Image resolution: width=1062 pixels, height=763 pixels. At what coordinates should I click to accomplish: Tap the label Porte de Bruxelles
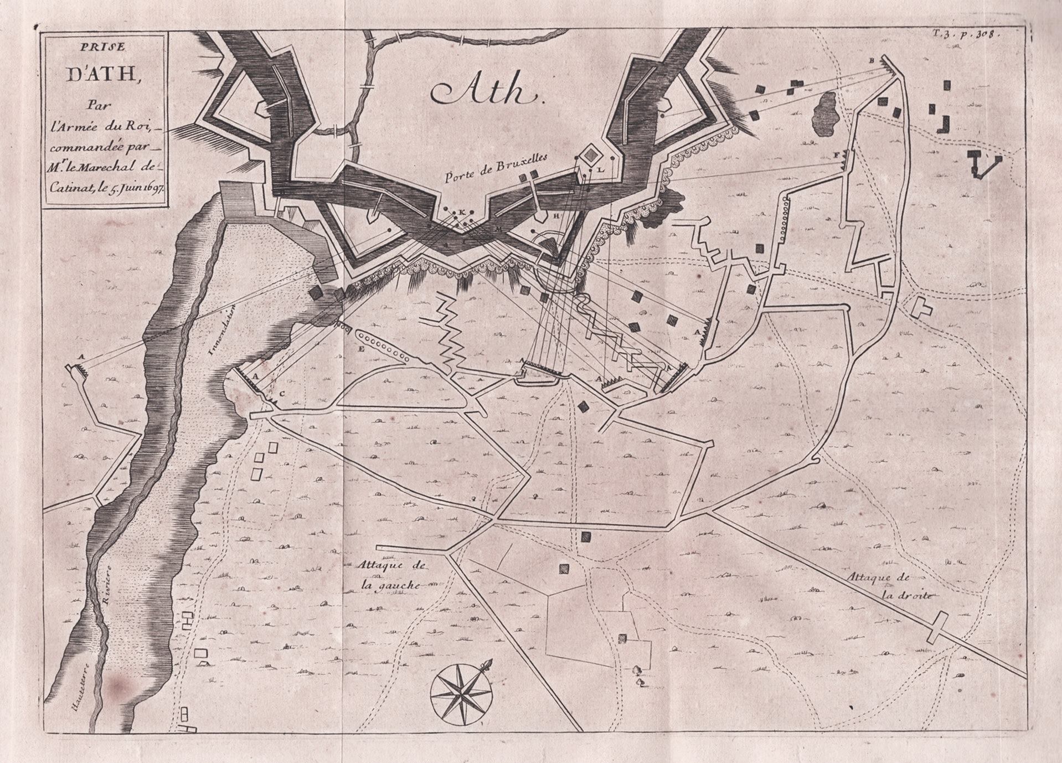[x=496, y=168]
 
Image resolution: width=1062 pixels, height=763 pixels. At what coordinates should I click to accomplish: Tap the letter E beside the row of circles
[x=362, y=349]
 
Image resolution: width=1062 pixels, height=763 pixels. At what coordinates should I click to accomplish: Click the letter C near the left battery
[x=281, y=394]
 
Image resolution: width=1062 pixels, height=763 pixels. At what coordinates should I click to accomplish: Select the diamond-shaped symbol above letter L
[x=591, y=152]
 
